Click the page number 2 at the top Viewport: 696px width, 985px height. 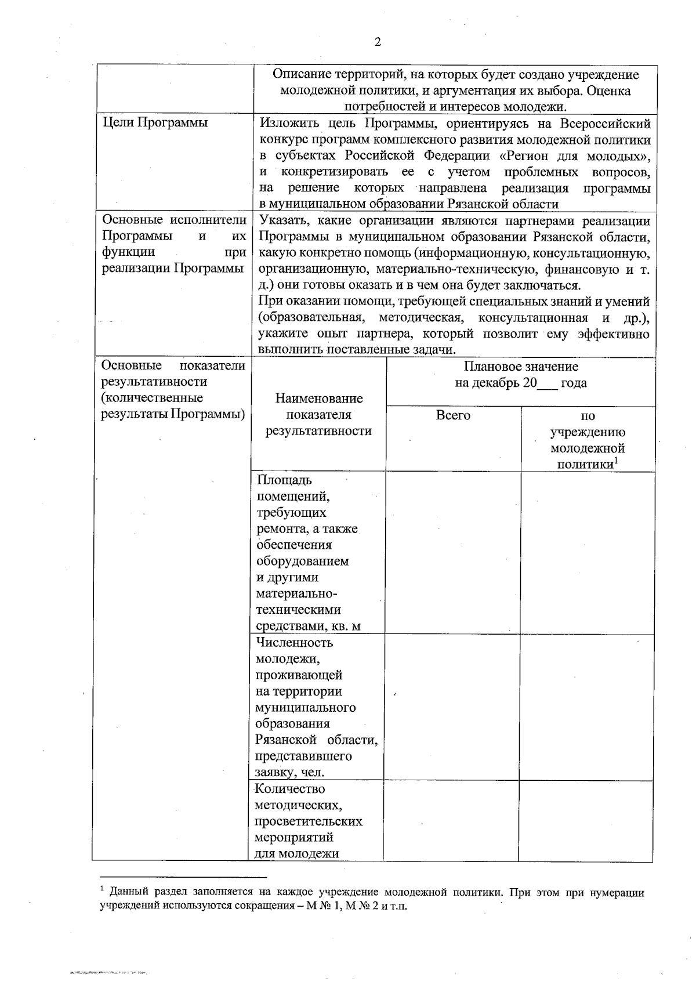tap(378, 42)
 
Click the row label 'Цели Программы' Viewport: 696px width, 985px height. tap(155, 123)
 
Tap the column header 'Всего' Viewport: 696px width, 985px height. tap(453, 415)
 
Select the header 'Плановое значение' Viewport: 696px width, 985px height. tap(520, 367)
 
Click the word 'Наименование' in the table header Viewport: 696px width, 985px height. tap(319, 399)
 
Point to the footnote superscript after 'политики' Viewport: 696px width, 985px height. tap(617, 461)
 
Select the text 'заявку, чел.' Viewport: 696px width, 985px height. tap(290, 773)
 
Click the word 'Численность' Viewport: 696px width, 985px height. tap(294, 643)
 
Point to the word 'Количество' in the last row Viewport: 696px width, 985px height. tap(290, 789)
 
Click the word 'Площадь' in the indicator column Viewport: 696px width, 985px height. tap(284, 480)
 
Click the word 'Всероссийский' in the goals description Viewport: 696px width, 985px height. tap(606, 123)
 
